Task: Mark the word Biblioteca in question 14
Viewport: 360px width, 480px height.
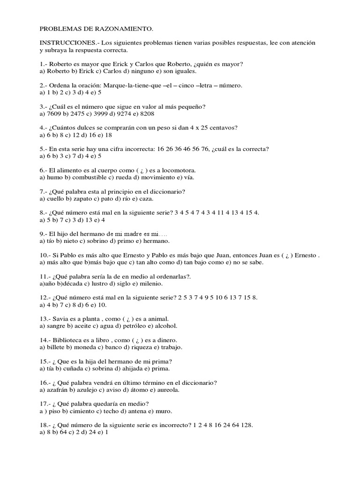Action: coord(68,340)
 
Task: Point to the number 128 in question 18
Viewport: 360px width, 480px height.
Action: coord(247,425)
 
